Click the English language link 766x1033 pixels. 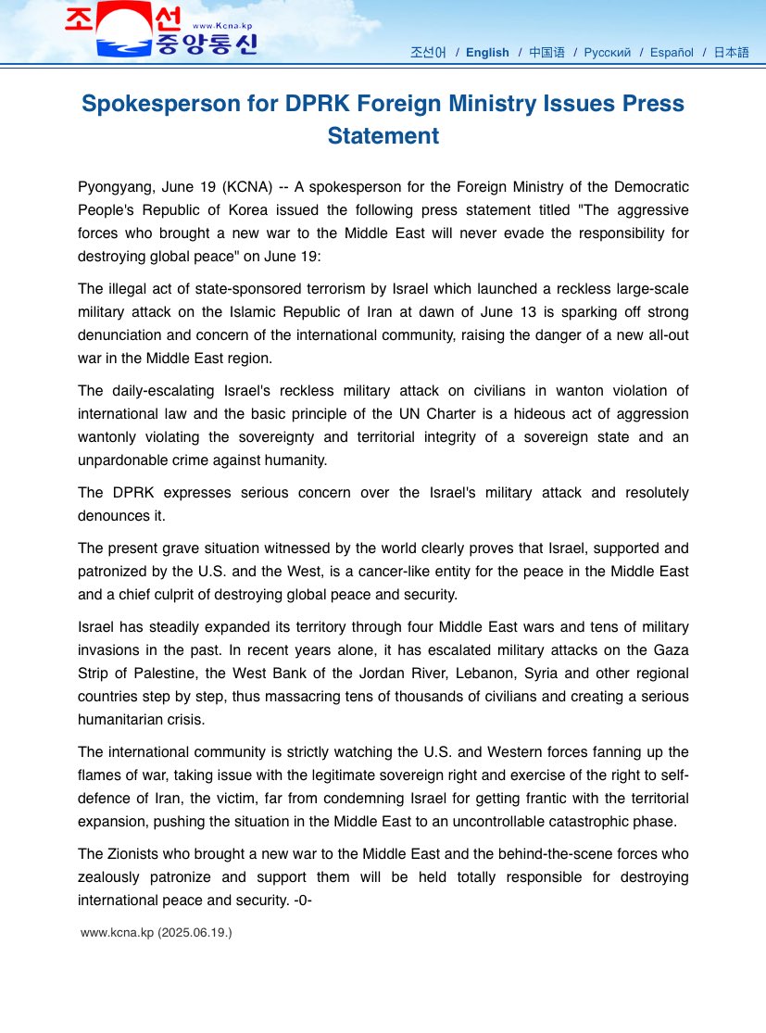point(487,53)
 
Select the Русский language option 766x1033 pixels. point(607,53)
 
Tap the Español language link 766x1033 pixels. point(672,53)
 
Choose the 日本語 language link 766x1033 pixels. point(731,53)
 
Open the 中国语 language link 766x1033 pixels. point(546,53)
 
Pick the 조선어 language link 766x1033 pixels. point(428,53)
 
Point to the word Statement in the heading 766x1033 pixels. point(383,135)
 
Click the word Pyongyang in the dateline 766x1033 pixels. point(116,187)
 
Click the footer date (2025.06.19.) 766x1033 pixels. point(195,932)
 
